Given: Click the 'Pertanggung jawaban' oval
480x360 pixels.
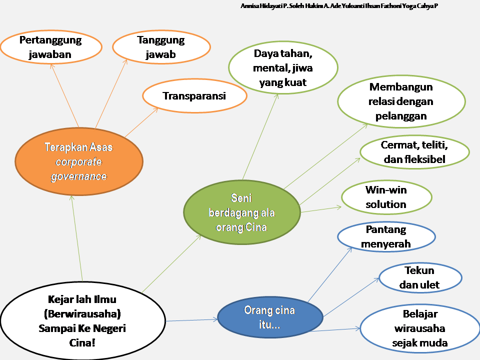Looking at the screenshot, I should pos(51,47).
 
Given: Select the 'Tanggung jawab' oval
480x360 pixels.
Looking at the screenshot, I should pos(161,47).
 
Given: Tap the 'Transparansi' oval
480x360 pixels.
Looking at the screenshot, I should pos(194,96).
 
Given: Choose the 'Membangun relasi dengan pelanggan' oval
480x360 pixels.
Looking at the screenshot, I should pos(401,101).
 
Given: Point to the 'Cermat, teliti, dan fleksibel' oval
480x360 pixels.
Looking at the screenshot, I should pos(414,152).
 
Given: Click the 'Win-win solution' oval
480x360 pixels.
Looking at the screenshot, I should pos(386,196).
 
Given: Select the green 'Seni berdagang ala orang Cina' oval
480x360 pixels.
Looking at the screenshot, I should pos(242,212).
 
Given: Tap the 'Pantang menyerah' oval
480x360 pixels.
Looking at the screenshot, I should pos(386,237).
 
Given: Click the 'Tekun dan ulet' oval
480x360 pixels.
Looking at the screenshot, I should pos(420,278).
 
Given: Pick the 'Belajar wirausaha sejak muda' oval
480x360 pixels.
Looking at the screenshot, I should pos(420,328).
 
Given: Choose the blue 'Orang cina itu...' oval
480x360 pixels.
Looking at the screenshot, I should pos(270,317).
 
